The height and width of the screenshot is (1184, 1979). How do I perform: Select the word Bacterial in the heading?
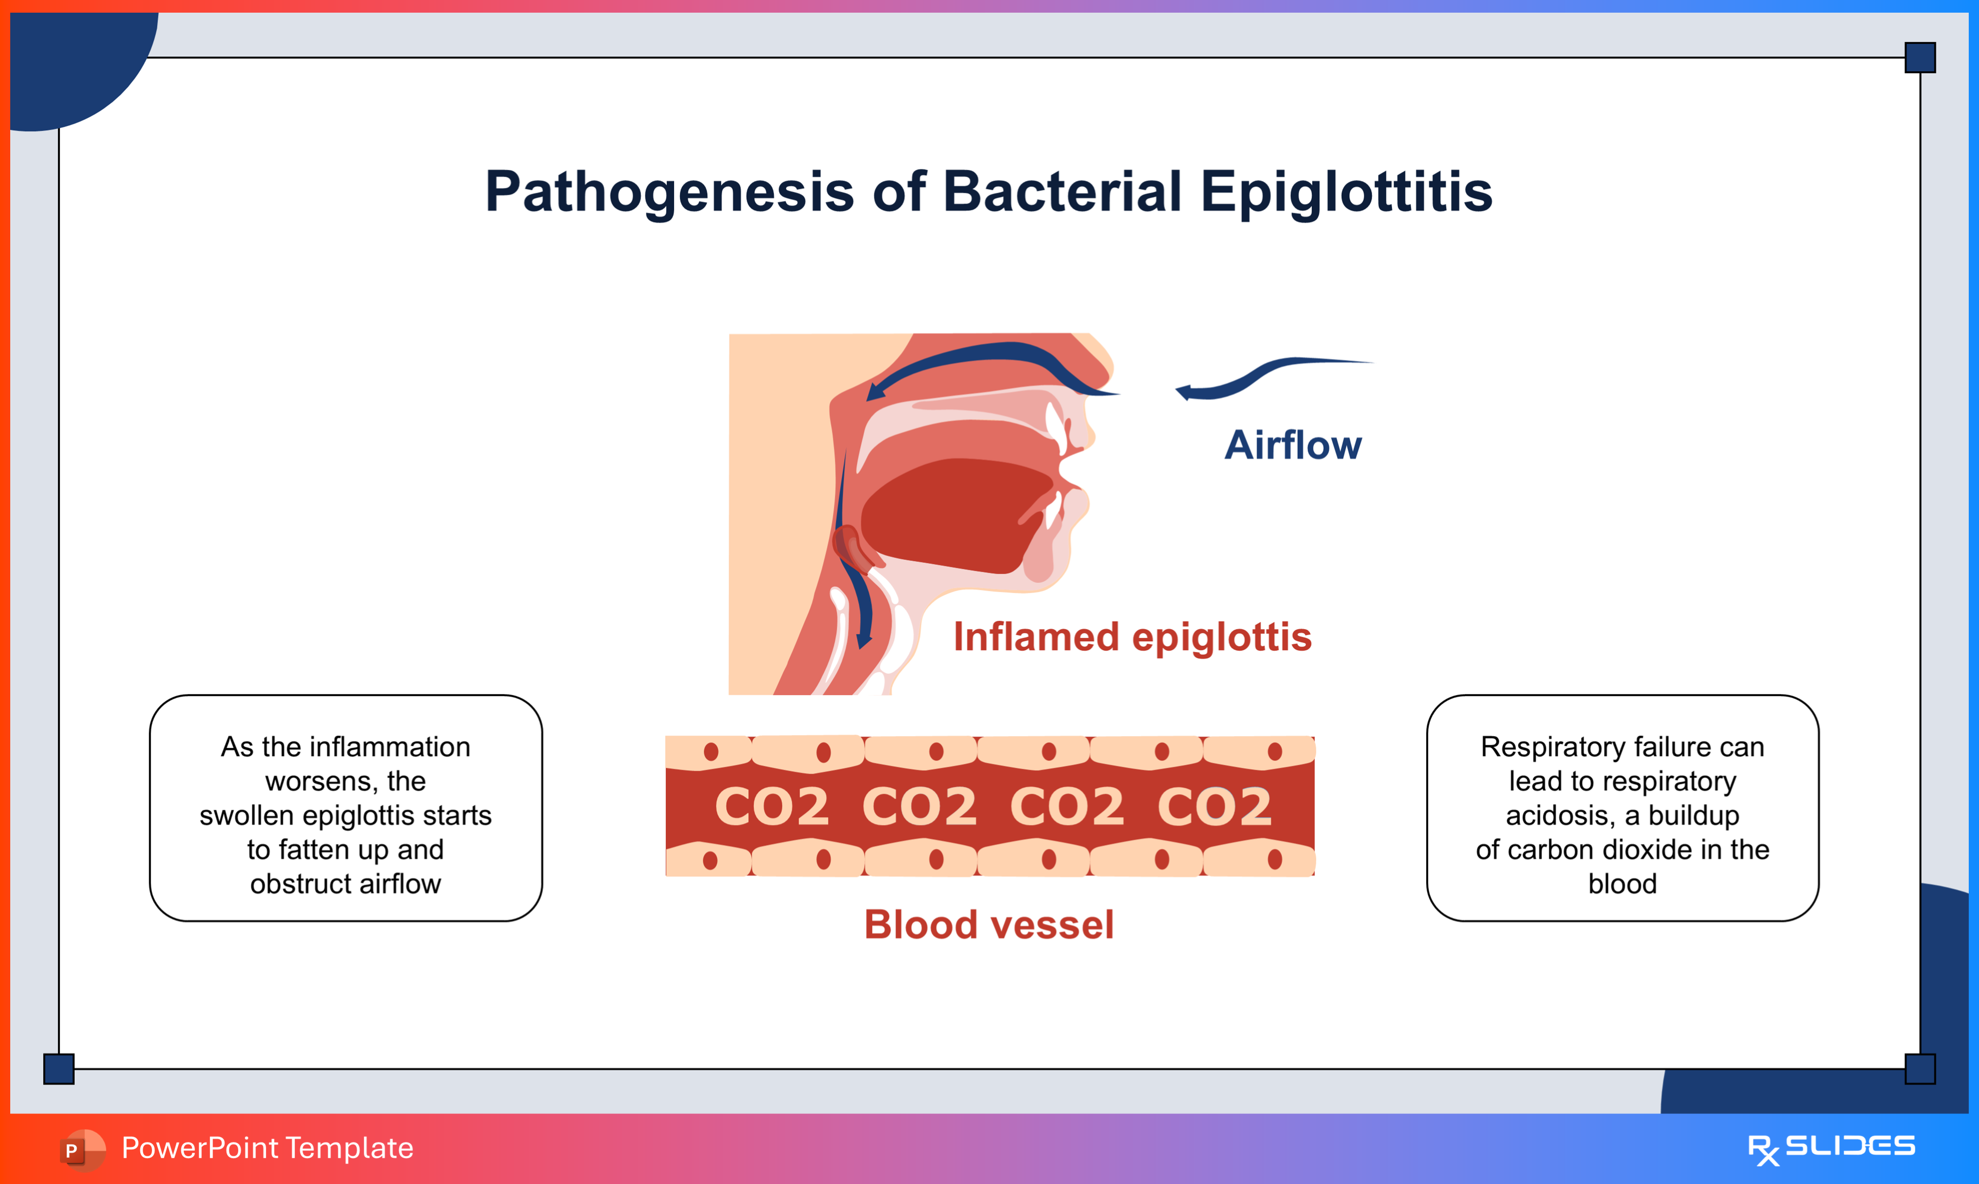pyautogui.click(x=1061, y=192)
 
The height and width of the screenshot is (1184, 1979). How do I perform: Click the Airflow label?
pyautogui.click(x=1293, y=445)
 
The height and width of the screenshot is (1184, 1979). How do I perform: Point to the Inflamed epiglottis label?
pyautogui.click(x=1132, y=637)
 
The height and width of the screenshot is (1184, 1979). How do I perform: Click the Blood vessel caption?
pyautogui.click(x=989, y=925)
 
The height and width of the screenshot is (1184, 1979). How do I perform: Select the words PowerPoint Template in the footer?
pyautogui.click(x=267, y=1148)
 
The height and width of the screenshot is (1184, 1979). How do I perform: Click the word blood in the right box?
pyautogui.click(x=1622, y=884)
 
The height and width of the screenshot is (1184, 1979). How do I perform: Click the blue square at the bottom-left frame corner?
pyautogui.click(x=58, y=1068)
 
